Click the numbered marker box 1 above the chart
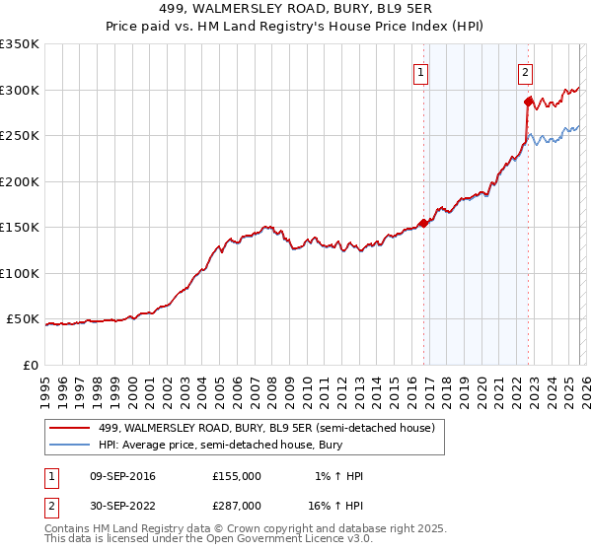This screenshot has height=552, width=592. [x=421, y=71]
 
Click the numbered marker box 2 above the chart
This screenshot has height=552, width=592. [x=525, y=71]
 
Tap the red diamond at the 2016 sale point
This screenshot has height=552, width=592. [x=424, y=223]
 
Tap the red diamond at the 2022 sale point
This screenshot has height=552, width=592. [x=529, y=101]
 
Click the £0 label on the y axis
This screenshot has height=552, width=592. [x=29, y=365]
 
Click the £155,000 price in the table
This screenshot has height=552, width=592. [x=237, y=476]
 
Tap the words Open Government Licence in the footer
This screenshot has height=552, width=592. [x=266, y=541]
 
